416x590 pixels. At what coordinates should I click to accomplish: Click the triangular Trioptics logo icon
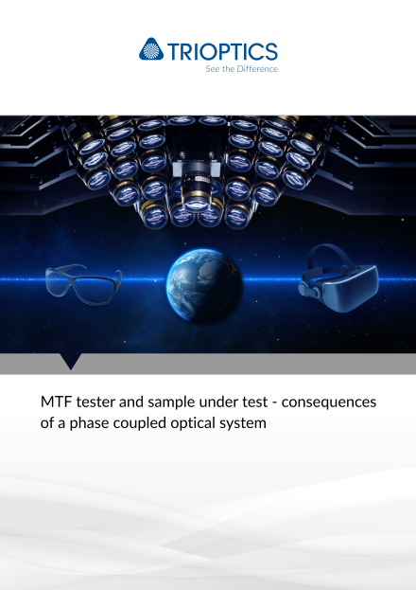point(151,49)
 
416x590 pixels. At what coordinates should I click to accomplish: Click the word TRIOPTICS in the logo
point(222,51)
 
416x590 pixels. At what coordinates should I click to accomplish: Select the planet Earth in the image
point(205,285)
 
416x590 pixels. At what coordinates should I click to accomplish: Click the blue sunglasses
point(83,284)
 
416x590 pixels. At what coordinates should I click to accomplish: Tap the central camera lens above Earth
point(195,192)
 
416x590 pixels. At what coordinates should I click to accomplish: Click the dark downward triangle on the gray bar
point(71,361)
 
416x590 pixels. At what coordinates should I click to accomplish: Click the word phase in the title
point(89,423)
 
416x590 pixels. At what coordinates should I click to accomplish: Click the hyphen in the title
point(275,403)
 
